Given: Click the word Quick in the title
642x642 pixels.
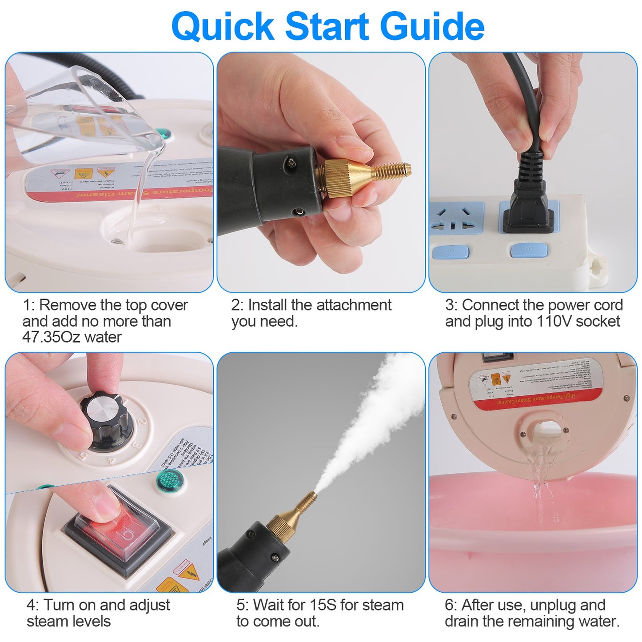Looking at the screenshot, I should [223, 27].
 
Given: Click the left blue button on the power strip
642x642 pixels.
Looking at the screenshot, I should [450, 252].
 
